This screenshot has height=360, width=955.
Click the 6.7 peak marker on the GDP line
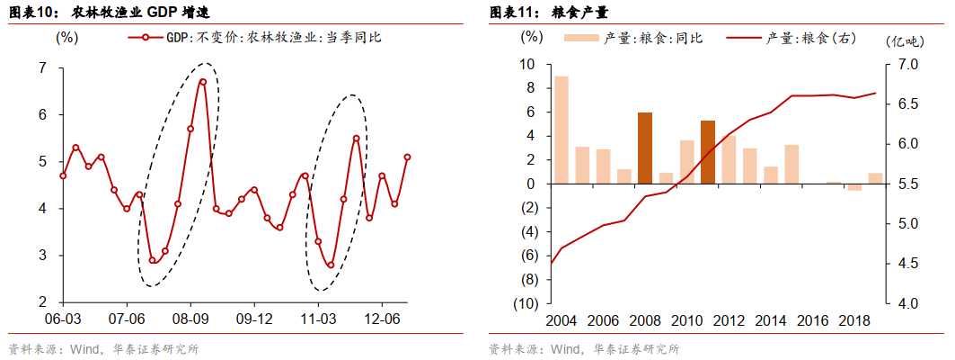pyautogui.click(x=203, y=82)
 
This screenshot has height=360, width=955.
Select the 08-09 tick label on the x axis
pyautogui.click(x=190, y=319)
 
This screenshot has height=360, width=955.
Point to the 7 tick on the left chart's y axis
pyautogui.click(x=43, y=68)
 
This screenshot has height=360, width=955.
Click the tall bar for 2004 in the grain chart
pyautogui.click(x=561, y=130)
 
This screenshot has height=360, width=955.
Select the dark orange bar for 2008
pyautogui.click(x=644, y=148)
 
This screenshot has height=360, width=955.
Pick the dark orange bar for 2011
pyautogui.click(x=707, y=152)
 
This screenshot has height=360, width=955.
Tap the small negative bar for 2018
pyautogui.click(x=853, y=187)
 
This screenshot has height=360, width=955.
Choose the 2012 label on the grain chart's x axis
pyautogui.click(x=728, y=320)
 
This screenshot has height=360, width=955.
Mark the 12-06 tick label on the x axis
pyautogui.click(x=383, y=319)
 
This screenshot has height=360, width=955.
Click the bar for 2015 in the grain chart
pyautogui.click(x=791, y=164)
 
